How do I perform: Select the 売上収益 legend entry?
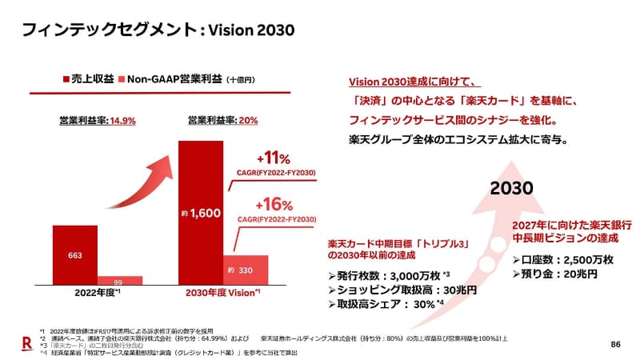[88, 79]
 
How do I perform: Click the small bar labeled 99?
[118, 282]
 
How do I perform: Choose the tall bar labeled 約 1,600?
[200, 214]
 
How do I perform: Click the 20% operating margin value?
[247, 121]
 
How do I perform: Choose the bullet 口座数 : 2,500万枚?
[562, 260]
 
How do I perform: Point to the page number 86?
[615, 344]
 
